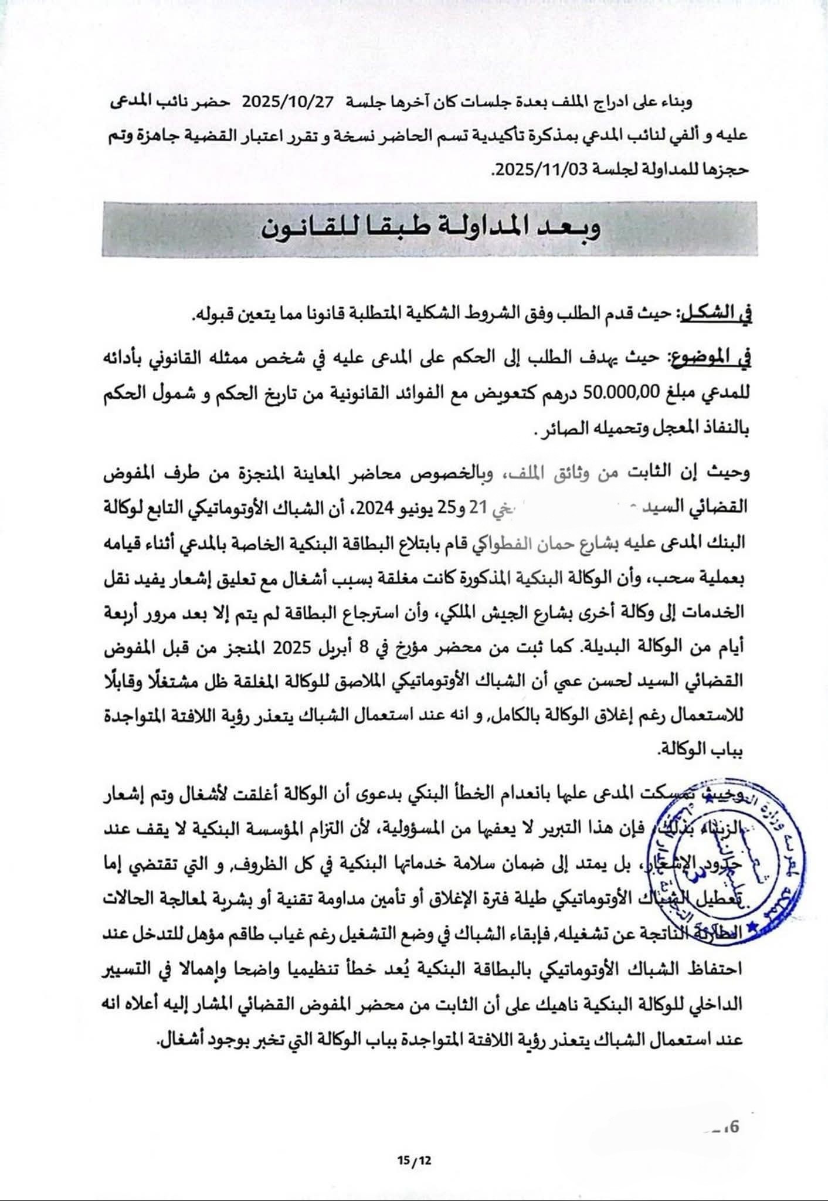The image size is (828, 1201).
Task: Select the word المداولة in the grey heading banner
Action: (486, 228)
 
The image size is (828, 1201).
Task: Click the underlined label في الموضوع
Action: (709, 358)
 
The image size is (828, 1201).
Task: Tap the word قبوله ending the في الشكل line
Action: (215, 315)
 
